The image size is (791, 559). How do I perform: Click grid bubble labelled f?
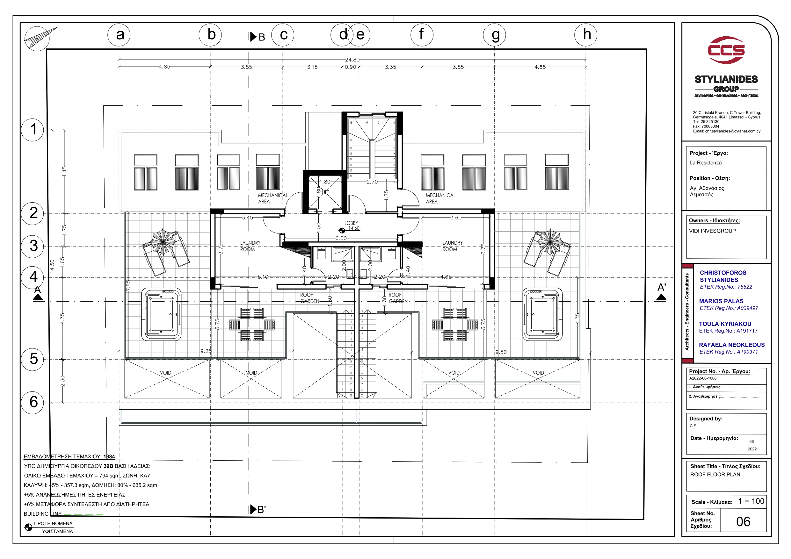click(x=422, y=35)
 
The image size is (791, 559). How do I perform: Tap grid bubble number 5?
click(x=33, y=359)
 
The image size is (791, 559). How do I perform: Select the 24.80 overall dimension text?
click(x=352, y=60)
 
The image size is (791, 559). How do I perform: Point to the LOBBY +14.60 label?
click(x=352, y=226)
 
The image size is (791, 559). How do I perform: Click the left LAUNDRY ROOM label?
click(x=250, y=246)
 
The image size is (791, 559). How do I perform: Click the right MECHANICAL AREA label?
click(x=440, y=198)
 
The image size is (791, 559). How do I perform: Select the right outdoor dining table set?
click(x=455, y=324)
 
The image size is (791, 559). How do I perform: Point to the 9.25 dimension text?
click(x=206, y=351)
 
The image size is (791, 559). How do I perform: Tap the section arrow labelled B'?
click(x=258, y=509)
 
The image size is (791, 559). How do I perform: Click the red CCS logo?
click(x=726, y=50)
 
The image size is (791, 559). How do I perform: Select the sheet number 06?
click(x=743, y=522)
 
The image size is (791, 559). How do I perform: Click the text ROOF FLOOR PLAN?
click(x=715, y=475)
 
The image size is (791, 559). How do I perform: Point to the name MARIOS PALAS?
click(x=721, y=301)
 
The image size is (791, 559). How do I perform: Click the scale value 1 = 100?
click(x=751, y=501)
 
